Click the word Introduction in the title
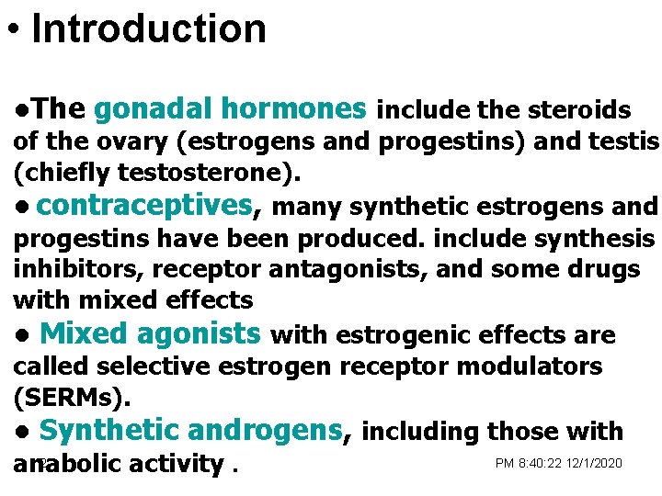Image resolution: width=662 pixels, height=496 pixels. coord(149,28)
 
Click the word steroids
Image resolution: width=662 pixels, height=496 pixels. coord(578,111)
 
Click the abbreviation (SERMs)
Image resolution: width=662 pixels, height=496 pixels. coord(72,398)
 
